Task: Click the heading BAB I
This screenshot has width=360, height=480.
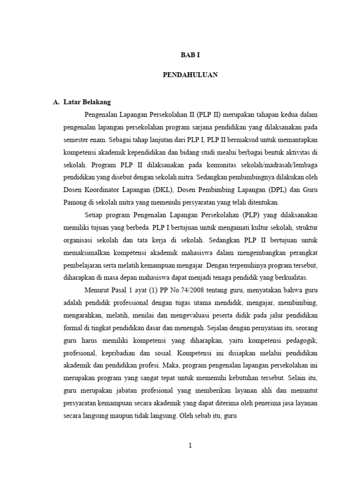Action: click(190, 55)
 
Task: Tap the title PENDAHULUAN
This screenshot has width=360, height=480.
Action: click(190, 75)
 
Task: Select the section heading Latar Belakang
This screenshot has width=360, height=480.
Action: click(87, 102)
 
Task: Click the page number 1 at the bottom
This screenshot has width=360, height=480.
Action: click(190, 446)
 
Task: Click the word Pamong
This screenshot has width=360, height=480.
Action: click(75, 202)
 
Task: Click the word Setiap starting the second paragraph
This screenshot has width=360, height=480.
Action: click(94, 215)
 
